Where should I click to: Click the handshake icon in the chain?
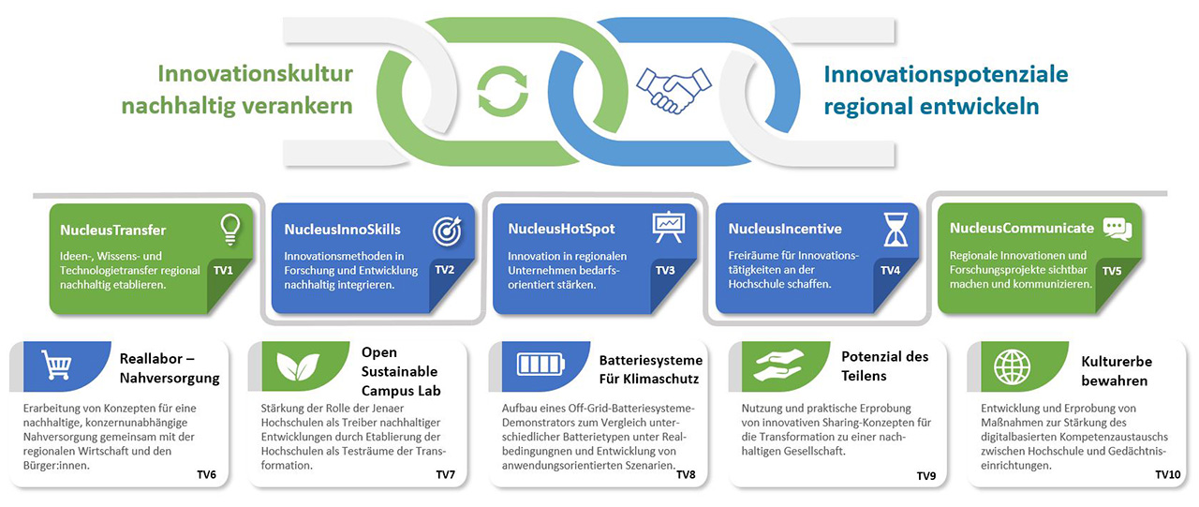(x=674, y=90)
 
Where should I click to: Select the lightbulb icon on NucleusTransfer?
(x=230, y=230)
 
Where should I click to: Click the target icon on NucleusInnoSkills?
(x=448, y=231)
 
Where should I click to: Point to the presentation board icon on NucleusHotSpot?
(x=668, y=228)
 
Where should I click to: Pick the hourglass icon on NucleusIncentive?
(x=896, y=230)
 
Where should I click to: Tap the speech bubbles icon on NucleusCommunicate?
(x=1118, y=230)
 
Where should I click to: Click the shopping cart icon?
(x=56, y=365)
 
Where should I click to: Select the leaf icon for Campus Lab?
(x=298, y=366)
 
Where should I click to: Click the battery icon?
(x=540, y=365)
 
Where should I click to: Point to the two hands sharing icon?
(x=778, y=365)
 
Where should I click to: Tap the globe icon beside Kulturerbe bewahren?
(x=1013, y=367)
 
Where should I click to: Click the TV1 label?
(x=223, y=270)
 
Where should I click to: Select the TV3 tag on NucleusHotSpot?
(x=665, y=270)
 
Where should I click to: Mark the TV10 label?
(x=1167, y=474)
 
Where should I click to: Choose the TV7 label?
(x=445, y=474)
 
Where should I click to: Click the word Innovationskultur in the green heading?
(x=256, y=74)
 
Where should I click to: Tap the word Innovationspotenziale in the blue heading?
(x=946, y=74)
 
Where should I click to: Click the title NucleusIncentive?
(x=785, y=229)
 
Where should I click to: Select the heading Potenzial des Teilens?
(x=885, y=366)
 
